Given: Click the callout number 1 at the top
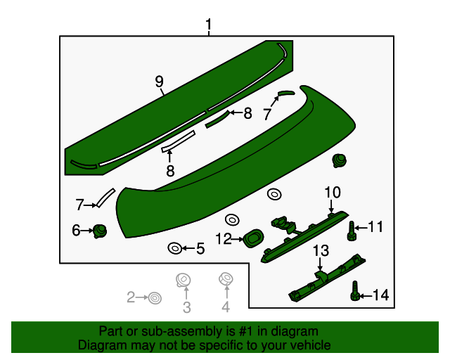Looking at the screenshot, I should pos(209,26).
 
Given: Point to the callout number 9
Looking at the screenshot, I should pos(159,82).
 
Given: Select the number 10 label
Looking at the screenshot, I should pos(332,192).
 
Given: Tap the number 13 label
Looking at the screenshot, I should pos(321,250).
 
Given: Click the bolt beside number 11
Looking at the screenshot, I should pos(352,231).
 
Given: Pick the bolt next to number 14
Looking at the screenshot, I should pos(355,292).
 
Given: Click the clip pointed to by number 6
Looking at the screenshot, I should pos(101,230).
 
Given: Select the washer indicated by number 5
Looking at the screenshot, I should pos(174,247).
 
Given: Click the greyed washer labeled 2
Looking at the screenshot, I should pos(153,299).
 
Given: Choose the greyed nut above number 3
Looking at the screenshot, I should pos(184,280).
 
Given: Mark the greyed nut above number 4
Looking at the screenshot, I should pos(226,280).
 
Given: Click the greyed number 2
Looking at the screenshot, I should pos(131,298).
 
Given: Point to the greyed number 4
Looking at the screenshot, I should pos(226,307).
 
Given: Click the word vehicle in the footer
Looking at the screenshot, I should pos(309,345).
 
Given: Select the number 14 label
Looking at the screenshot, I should pos(380,295).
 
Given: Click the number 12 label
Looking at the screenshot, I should pos(223,239).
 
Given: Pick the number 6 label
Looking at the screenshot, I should pos(76,230).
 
